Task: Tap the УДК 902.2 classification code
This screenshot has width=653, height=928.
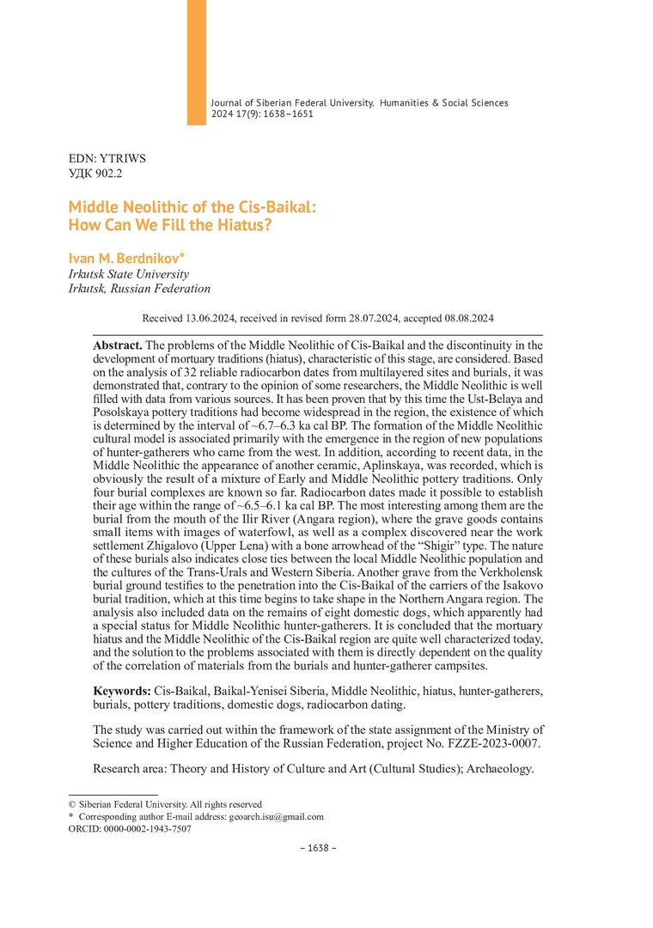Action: click(x=95, y=173)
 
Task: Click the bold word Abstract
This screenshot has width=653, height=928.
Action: click(x=118, y=344)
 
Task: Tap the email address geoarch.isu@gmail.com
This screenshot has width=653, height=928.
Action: click(x=277, y=817)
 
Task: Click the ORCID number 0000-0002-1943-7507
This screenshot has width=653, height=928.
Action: click(x=144, y=829)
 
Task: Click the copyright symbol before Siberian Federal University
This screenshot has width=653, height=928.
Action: click(x=72, y=804)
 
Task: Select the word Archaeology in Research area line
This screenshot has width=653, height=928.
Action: click(x=492, y=769)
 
